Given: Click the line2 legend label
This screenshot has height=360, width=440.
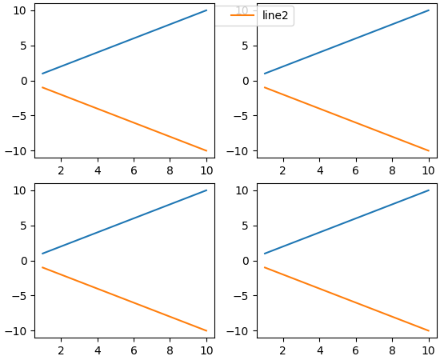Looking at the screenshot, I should [x=275, y=16].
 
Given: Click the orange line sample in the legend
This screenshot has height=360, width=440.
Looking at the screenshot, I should [x=242, y=16].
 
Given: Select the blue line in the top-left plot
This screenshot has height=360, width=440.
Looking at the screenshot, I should [x=124, y=42].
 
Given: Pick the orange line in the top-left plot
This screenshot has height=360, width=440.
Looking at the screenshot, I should [x=124, y=119].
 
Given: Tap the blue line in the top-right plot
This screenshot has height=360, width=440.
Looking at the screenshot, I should [x=346, y=42].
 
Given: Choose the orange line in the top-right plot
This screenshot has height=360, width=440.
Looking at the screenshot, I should [x=346, y=119].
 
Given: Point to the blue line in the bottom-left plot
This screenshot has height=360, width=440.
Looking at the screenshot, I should [x=124, y=222].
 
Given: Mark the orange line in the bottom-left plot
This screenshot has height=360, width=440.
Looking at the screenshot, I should [x=124, y=299].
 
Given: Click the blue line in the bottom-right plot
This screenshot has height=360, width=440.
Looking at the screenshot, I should [x=346, y=222].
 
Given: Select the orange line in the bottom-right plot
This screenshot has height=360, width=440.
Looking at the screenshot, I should [x=346, y=299].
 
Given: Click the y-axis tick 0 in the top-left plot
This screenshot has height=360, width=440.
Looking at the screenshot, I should [x=24, y=81].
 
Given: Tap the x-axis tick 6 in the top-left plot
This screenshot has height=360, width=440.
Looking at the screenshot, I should [x=134, y=170].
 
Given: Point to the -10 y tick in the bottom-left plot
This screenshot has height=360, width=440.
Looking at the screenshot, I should [x=19, y=331].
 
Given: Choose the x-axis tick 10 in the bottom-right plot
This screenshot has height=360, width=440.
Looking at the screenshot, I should [x=429, y=350].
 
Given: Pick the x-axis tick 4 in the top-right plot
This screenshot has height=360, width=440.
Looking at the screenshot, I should [x=319, y=170].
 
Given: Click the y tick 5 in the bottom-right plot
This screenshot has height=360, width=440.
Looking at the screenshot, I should [x=246, y=226].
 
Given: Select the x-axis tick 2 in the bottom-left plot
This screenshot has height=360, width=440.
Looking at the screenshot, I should [x=61, y=350].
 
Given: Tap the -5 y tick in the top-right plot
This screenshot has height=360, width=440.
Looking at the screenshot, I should [x=243, y=116].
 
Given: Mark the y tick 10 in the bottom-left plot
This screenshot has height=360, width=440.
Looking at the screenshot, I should [x=21, y=190].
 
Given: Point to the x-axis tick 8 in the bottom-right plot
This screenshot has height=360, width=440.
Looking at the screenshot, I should [x=392, y=350].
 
